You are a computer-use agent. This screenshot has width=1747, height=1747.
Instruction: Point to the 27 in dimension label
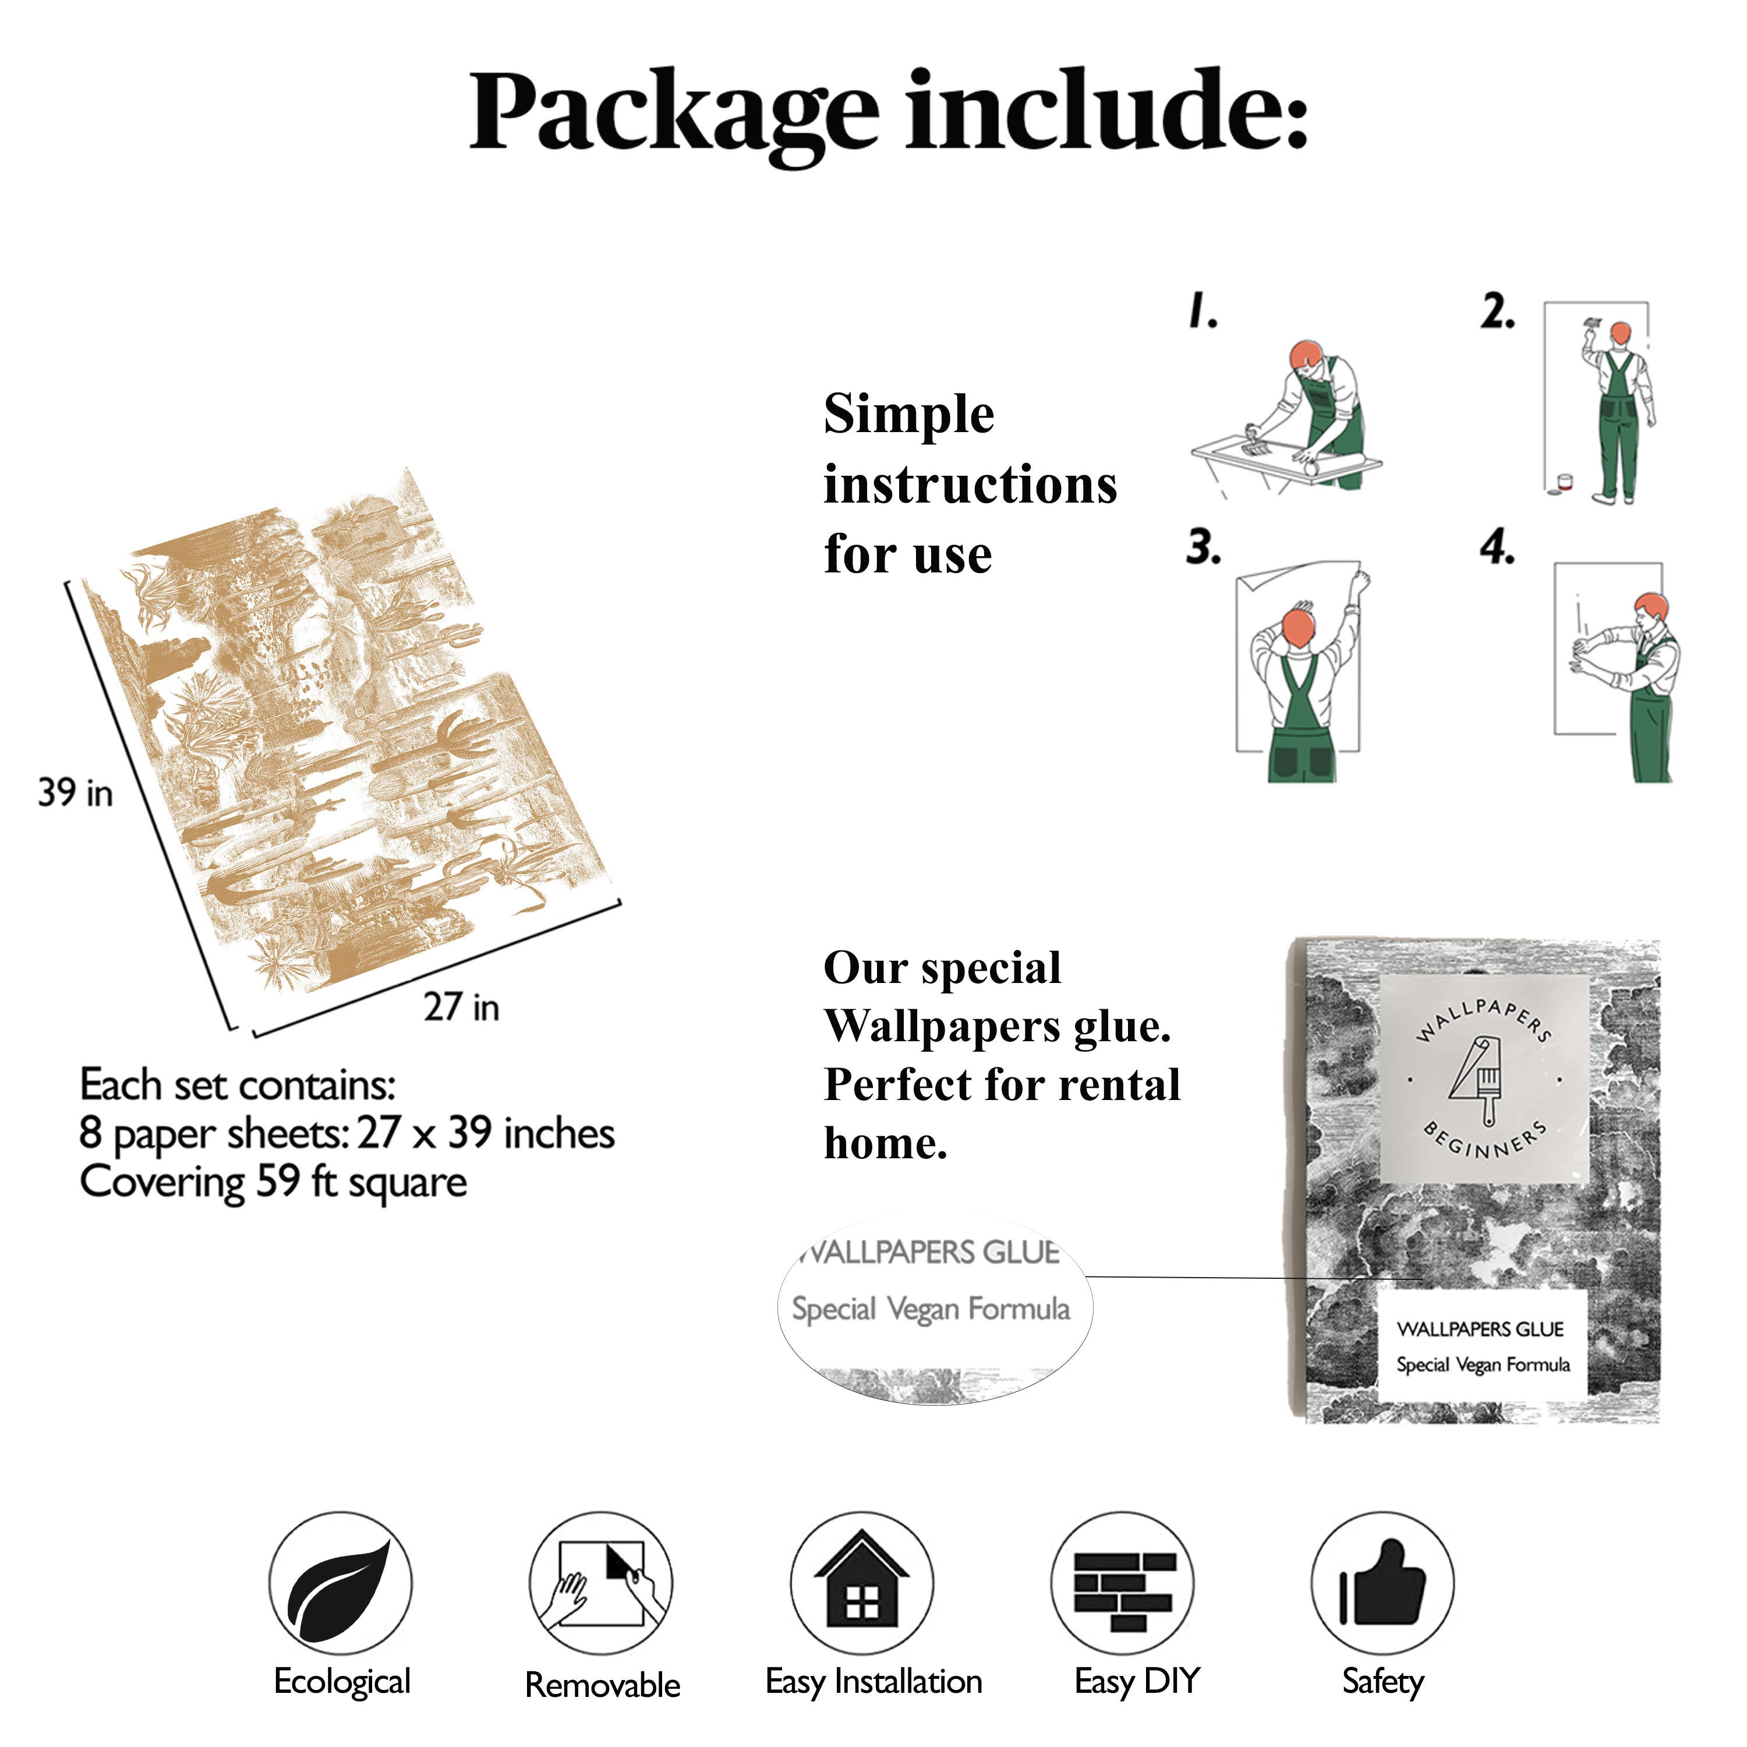461,1006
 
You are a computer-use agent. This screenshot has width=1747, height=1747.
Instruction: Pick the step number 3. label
1204,547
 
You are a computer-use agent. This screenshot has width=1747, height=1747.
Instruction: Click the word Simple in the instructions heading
909,416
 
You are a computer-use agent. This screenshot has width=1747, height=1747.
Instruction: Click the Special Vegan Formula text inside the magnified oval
931,1309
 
